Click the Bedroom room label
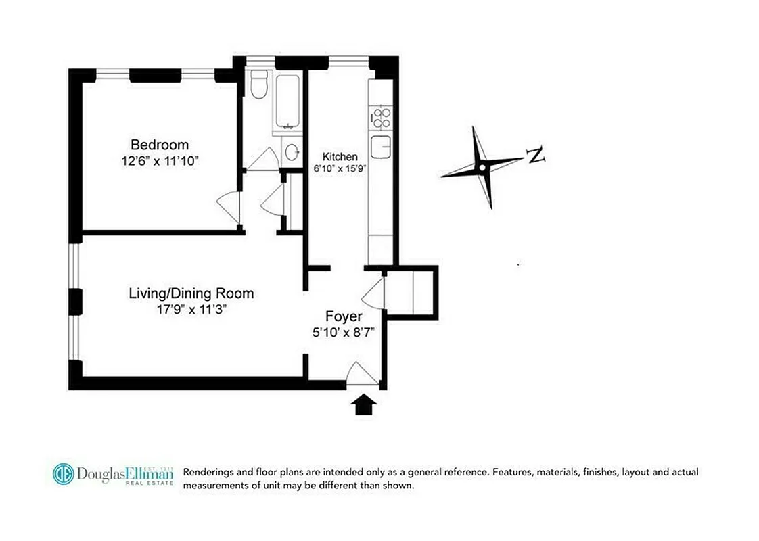[160, 145]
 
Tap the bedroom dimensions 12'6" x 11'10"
[160, 162]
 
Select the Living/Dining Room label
[191, 293]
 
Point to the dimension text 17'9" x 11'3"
[191, 310]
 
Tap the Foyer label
[344, 316]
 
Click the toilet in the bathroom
[258, 86]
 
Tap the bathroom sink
[292, 152]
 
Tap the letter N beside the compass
[536, 156]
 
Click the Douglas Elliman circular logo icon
[63, 473]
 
